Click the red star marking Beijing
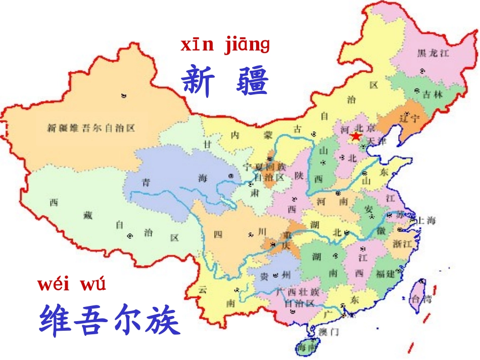point(356,136)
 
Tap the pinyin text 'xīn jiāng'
point(225,45)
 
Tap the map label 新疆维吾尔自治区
point(91,128)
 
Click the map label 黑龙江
point(433,53)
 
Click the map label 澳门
point(329,332)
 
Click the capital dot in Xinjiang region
point(124,95)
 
